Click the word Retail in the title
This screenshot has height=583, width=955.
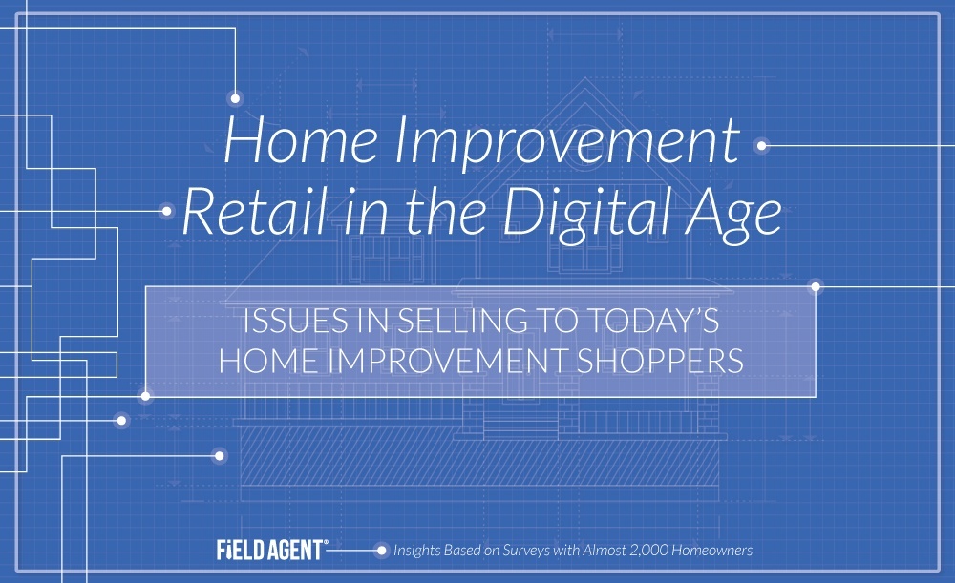255,211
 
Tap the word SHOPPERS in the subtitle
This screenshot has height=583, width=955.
660,361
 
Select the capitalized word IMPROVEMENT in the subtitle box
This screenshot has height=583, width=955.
447,361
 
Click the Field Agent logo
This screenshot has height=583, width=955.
272,551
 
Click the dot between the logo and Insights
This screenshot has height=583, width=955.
381,551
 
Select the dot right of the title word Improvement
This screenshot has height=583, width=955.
761,145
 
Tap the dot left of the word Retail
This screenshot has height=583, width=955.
166,211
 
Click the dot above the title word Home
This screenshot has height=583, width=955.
235,98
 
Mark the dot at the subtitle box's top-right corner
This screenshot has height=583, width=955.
816,286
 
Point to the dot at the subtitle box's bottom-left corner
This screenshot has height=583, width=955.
145,396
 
